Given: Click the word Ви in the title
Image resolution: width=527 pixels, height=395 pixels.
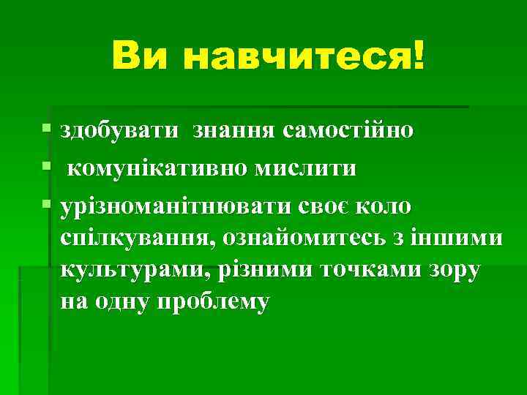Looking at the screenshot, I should click(138, 56).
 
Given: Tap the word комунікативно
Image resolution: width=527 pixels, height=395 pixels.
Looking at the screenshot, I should click(157, 170).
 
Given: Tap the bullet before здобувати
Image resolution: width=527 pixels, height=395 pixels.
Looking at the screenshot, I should click(48, 129).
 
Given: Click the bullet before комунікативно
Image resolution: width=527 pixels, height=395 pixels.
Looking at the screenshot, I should click(48, 168).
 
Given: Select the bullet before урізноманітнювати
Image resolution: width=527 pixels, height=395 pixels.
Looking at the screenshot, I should click(48, 206).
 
